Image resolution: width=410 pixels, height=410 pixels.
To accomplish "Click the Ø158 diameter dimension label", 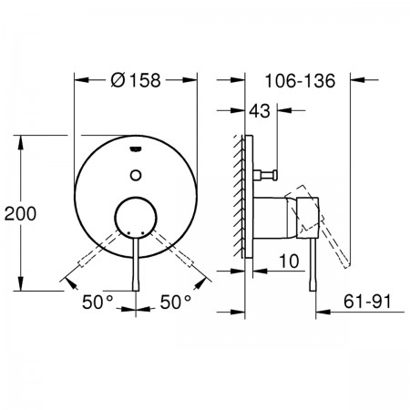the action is (136, 80).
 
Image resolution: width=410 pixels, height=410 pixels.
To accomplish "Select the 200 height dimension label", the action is (20, 213).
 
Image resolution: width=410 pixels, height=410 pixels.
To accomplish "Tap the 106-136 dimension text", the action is (300, 81).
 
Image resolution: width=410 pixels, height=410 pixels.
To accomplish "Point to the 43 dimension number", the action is (260, 111).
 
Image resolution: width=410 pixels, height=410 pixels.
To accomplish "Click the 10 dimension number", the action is (289, 261).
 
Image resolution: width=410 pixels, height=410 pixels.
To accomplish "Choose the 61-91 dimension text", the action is (367, 302).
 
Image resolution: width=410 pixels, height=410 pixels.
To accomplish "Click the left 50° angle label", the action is (97, 302).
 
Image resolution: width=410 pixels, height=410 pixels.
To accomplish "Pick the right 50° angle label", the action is (176, 302).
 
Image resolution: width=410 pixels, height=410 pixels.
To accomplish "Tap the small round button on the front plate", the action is (136, 175).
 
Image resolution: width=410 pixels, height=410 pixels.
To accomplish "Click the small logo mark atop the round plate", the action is (136, 149).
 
